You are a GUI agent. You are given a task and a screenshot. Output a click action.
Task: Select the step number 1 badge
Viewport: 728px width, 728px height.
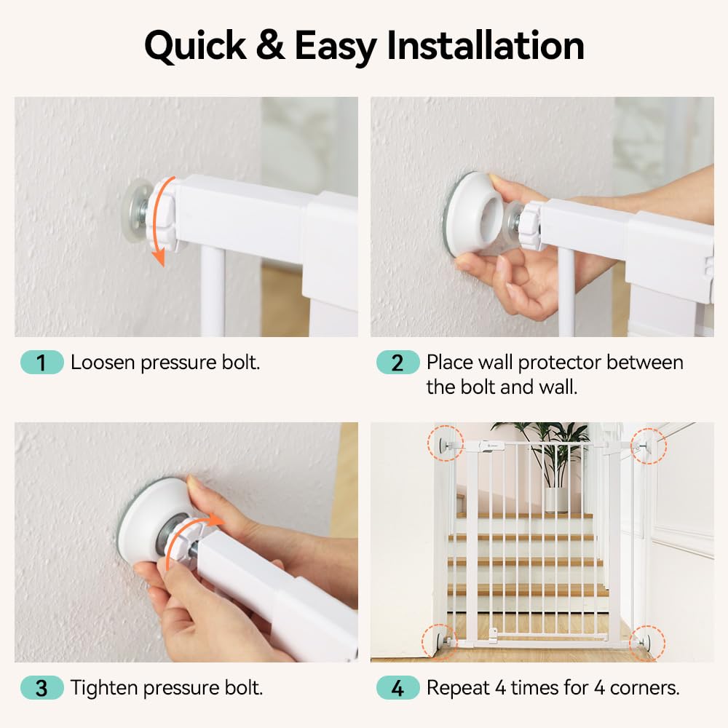(x=41, y=363)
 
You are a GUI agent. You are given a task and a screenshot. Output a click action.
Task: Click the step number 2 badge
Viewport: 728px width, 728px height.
(x=397, y=363)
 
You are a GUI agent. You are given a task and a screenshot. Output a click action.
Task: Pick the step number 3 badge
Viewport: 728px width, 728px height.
(x=41, y=687)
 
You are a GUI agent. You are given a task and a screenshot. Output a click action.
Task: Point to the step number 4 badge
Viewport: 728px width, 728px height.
(x=397, y=687)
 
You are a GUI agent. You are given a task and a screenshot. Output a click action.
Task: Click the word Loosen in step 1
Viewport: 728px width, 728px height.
(x=103, y=363)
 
